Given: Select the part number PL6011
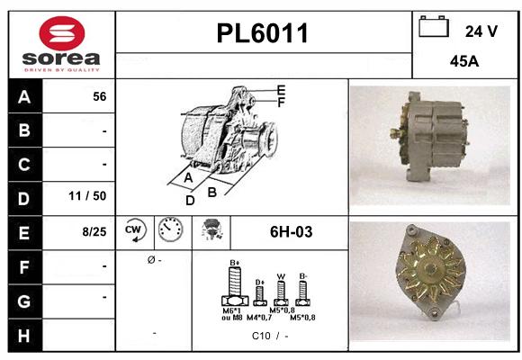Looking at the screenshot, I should pos(263,34).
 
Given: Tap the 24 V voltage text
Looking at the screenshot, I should pos(481,31).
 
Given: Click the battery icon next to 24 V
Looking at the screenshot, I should pos(435,28).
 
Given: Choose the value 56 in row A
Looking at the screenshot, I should pos(100,97).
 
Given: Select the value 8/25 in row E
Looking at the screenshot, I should pos(94,231).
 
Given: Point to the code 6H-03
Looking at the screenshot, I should pos(291,232).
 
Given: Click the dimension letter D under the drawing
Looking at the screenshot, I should pos(190,201).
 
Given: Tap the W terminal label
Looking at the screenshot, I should pos(280,276).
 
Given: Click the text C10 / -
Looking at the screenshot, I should pos(270,336).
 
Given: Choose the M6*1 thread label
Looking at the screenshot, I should pos(231,310).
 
